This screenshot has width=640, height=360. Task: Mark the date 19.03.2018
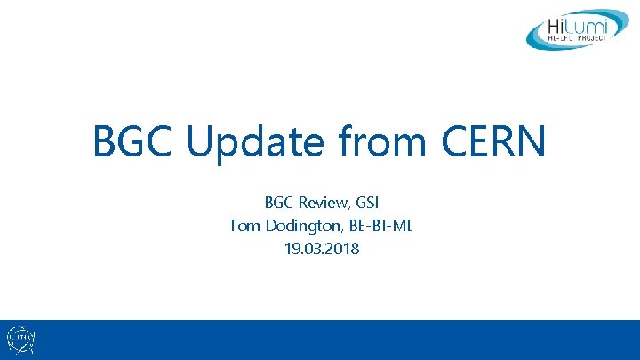tap(320, 249)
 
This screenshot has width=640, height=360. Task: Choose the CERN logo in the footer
tap(20, 340)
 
